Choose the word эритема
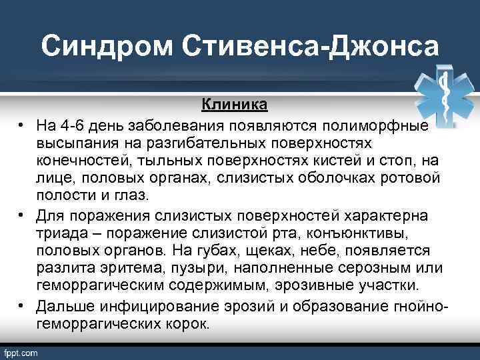click(x=117, y=269)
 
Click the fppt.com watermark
click(x=21, y=353)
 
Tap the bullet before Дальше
click(x=22, y=305)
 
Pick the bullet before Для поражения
click(x=22, y=215)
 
